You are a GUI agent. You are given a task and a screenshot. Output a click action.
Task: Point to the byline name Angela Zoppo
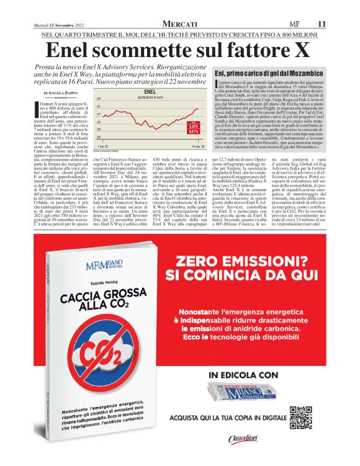pyautogui.click(x=61, y=92)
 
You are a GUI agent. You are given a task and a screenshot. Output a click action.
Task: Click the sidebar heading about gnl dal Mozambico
pyautogui.click(x=269, y=73)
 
